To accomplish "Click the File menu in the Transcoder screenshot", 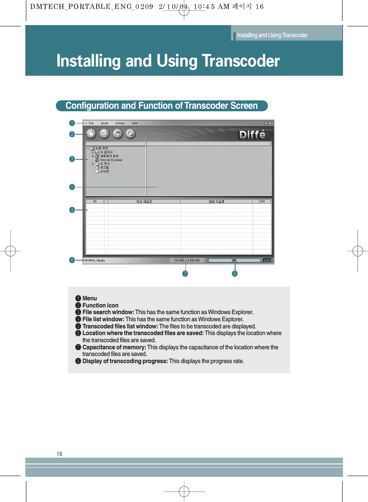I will [x=91, y=123].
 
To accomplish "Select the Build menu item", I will [x=104, y=123].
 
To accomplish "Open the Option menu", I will [x=120, y=123].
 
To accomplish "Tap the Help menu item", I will [x=135, y=123].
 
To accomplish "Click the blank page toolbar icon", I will [x=91, y=134].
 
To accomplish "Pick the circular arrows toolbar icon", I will [x=130, y=134].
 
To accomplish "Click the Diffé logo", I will [x=251, y=135].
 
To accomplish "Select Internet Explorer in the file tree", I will [x=111, y=160].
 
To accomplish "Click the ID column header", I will [x=96, y=201].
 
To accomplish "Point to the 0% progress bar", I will [x=234, y=260].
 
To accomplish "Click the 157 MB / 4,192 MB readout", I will [x=187, y=260].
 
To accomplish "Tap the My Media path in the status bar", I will [x=96, y=260].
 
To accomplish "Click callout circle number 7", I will [x=185, y=274].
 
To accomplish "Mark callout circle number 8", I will [x=235, y=274].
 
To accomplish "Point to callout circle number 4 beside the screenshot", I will [x=72, y=187].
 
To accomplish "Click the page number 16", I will [x=59, y=454].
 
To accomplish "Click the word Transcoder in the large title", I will [x=241, y=61].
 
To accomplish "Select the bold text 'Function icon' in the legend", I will [x=100, y=305].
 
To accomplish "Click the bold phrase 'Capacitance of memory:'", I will [x=114, y=347].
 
